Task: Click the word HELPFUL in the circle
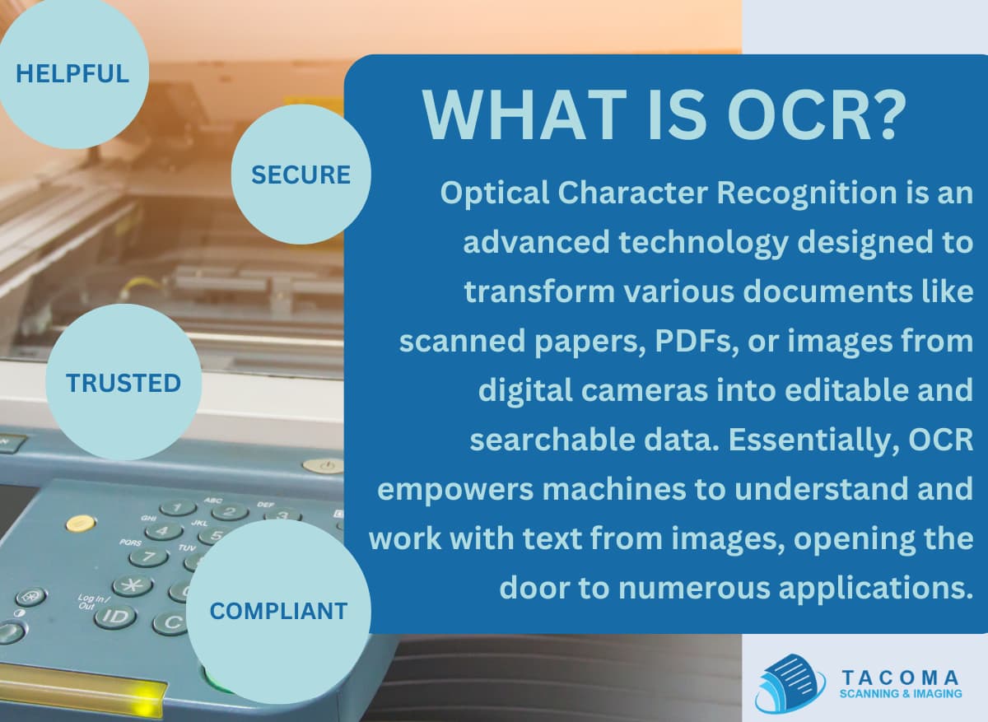pyautogui.click(x=72, y=73)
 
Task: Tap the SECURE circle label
pyautogui.click(x=301, y=175)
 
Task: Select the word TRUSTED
pyautogui.click(x=123, y=383)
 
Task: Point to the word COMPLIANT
pyautogui.click(x=278, y=611)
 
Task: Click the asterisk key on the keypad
pyautogui.click(x=132, y=585)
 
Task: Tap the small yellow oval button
pyautogui.click(x=80, y=522)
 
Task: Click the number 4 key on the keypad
pyautogui.click(x=164, y=532)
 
